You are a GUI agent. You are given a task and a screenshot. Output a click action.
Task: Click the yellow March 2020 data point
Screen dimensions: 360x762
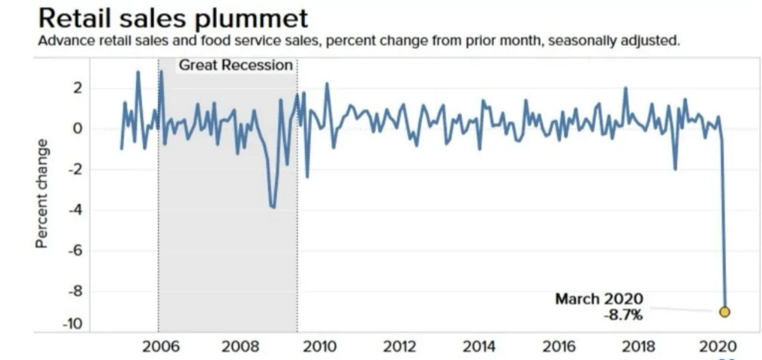coord(724,311)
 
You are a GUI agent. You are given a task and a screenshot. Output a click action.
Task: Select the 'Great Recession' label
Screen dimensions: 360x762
coord(236,65)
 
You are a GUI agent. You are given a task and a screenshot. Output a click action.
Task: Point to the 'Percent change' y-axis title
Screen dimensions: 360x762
coord(42,194)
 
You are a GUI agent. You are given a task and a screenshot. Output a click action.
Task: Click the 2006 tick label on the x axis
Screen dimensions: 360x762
coord(160,346)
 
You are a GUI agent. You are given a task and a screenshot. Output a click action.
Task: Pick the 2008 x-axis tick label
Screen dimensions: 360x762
coord(240,346)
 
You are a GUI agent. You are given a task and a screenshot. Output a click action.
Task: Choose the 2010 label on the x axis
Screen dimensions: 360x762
coord(320,346)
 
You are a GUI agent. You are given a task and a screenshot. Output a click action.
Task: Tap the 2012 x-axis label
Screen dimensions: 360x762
coord(399,346)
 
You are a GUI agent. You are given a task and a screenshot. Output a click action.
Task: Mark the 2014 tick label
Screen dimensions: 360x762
coord(479,346)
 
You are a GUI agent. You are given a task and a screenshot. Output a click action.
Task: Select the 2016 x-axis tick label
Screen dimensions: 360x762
coord(559,346)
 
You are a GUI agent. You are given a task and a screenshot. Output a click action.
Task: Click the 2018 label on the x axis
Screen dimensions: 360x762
coord(638,346)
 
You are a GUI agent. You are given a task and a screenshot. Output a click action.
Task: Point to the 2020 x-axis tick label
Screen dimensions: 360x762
coord(718,346)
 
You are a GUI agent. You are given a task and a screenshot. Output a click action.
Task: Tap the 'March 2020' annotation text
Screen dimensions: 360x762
coord(599,299)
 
